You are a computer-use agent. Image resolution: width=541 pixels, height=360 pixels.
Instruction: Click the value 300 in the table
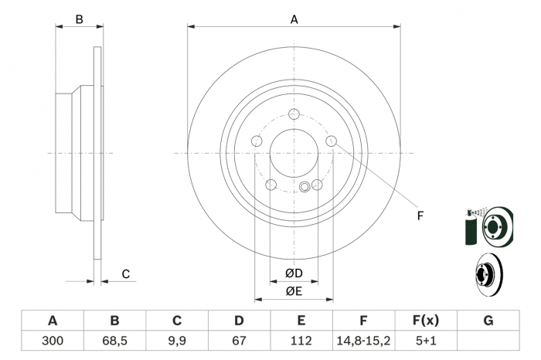[x=53, y=340]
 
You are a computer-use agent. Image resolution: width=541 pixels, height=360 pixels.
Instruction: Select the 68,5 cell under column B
[x=114, y=340]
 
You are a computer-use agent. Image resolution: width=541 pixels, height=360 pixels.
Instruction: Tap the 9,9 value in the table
[x=177, y=340]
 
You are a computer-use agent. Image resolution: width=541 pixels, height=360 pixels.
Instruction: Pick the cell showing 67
[x=239, y=340]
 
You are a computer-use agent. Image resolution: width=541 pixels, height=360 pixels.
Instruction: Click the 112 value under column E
[x=301, y=340]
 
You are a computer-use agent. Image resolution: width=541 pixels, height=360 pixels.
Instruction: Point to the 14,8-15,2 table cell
[x=363, y=340]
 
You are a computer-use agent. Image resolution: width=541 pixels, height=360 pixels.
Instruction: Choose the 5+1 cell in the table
[x=426, y=340]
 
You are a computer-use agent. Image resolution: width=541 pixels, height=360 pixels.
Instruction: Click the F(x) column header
[x=426, y=321]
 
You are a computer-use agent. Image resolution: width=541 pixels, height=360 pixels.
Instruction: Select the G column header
[x=488, y=321]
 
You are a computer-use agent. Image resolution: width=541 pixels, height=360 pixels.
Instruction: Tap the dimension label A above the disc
[x=294, y=20]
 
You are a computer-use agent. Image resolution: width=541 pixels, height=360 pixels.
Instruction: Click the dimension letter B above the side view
[x=79, y=20]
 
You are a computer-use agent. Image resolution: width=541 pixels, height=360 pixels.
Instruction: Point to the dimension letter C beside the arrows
[x=125, y=274]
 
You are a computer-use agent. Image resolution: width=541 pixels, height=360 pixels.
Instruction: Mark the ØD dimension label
[x=294, y=273]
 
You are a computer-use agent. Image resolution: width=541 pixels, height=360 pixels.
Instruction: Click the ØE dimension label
[x=294, y=291]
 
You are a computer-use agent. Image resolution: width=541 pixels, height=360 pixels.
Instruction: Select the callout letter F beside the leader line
[x=420, y=216]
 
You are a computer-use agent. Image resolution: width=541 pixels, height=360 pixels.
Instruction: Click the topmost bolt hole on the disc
[x=294, y=114]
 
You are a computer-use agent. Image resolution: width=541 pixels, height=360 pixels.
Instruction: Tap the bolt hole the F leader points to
[x=332, y=141]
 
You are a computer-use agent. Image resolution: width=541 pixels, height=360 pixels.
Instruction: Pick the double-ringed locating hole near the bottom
[x=305, y=185]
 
